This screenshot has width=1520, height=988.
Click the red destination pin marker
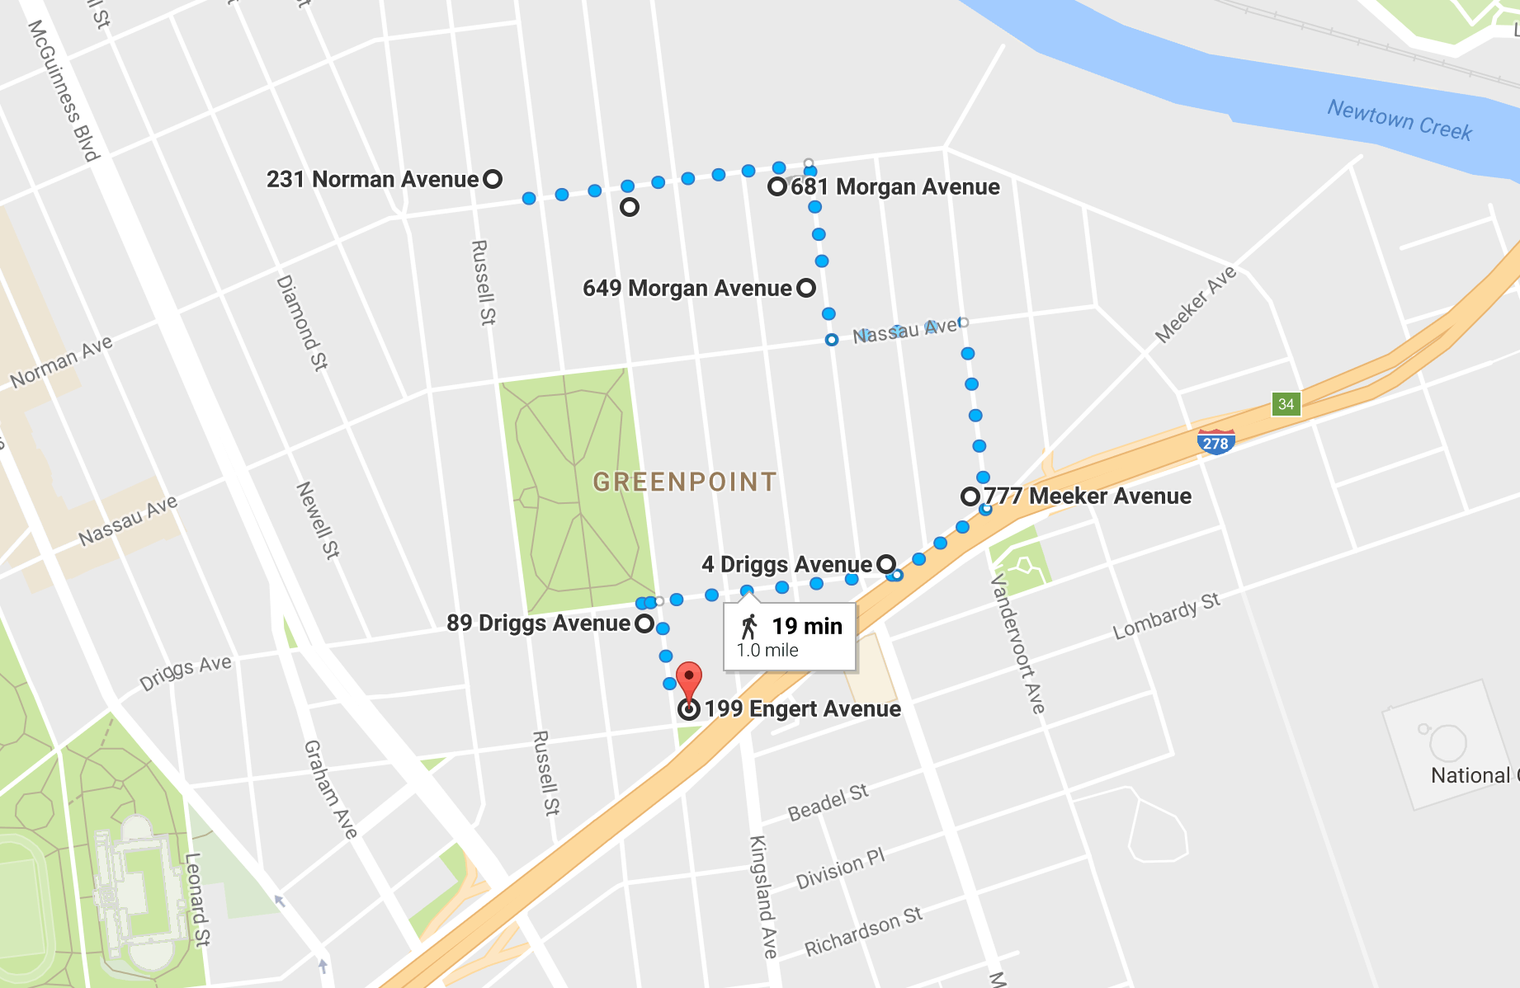pos(689,680)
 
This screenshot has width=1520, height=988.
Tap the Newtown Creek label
pos(1399,120)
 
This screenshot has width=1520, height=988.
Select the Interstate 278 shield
pos(1216,441)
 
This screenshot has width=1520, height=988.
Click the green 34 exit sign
pos(1286,404)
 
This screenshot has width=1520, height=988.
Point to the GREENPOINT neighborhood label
pos(685,482)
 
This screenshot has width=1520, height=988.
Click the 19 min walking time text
pos(806,626)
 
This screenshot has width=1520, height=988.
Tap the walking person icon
pos(748,627)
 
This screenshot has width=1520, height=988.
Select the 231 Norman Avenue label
pos(372,179)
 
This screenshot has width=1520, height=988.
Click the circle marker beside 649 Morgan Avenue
pos(806,288)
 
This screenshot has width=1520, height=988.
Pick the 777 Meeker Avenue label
pos(1087,496)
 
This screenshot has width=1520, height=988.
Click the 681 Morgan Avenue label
pos(895,186)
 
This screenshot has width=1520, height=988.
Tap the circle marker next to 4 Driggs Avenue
pos(885,564)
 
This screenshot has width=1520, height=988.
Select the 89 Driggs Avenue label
pos(538,623)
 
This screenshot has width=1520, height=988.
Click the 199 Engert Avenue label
pos(802,708)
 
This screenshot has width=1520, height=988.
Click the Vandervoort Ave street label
pos(1017,643)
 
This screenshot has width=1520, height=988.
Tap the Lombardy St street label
pos(1166,616)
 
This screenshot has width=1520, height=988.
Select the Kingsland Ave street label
pos(763,896)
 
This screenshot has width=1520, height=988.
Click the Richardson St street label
pos(863,932)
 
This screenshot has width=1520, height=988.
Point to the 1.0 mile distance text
pos(767,650)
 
